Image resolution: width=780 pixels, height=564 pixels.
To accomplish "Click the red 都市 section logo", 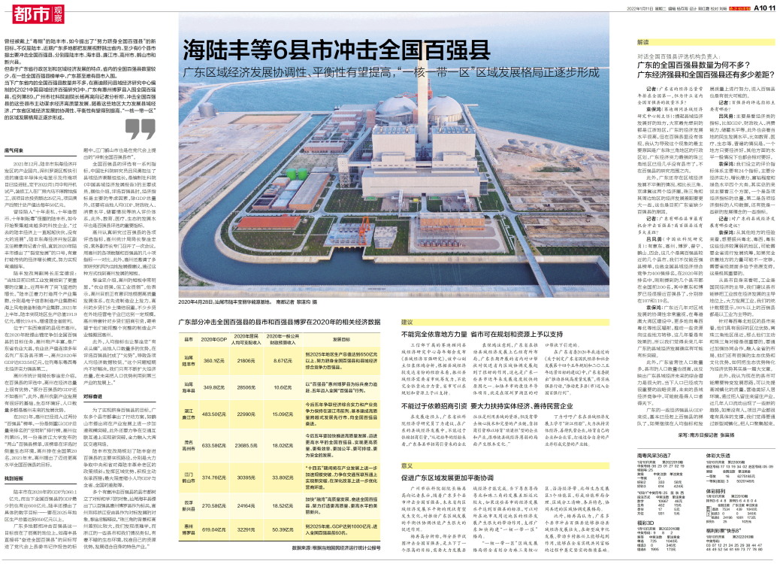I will [x=26, y=13].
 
